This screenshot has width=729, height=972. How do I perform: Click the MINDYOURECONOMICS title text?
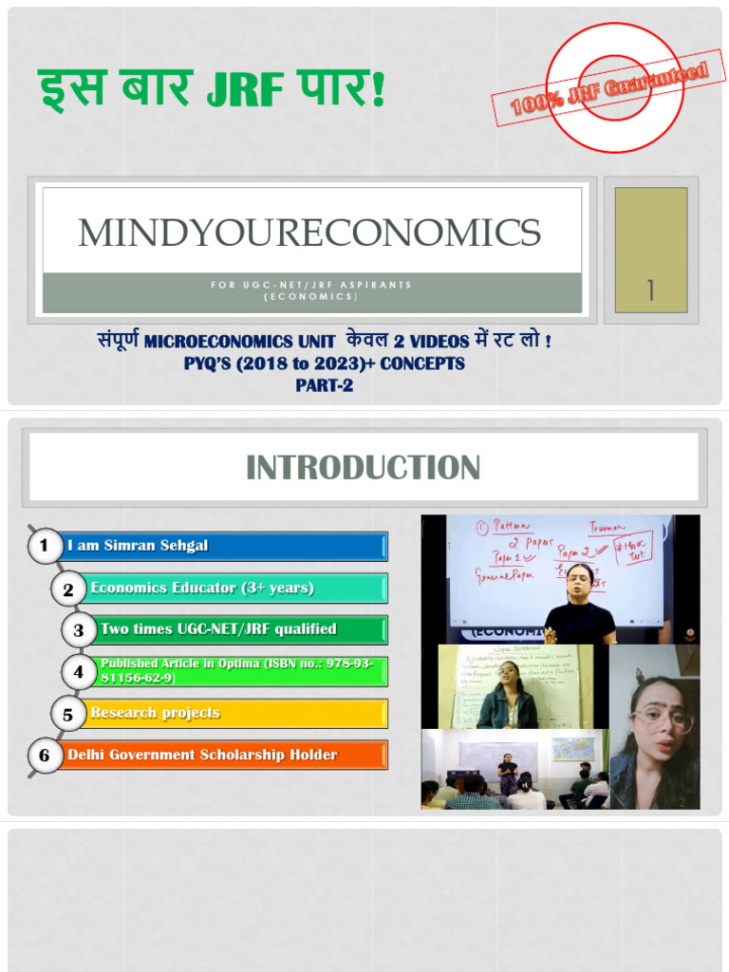point(309,233)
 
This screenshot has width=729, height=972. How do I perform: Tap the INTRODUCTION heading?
point(363,467)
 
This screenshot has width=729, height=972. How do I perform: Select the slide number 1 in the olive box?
point(650,290)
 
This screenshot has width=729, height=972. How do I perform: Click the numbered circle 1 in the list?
point(43,546)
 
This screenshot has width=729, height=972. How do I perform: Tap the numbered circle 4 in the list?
point(78,672)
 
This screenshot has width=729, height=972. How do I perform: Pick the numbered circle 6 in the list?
point(44,756)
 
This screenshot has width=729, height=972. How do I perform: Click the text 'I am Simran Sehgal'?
point(138,546)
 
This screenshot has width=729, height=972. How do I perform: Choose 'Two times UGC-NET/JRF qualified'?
point(218,628)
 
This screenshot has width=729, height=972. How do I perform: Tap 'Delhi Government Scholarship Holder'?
point(202,755)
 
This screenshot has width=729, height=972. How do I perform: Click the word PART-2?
point(324,385)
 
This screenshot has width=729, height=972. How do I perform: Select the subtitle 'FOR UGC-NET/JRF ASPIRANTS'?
point(311,285)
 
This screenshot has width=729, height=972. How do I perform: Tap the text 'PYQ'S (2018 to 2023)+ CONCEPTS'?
point(324,363)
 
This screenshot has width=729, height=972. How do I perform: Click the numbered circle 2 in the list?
point(67,589)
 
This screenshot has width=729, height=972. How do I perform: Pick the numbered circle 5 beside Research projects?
point(67,714)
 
